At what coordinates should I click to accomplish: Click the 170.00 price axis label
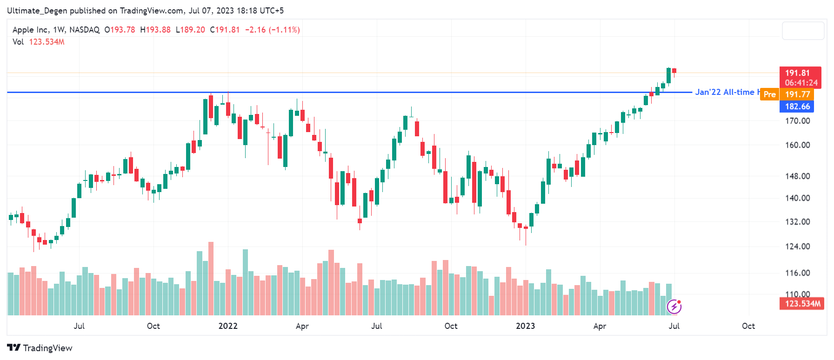[797, 121]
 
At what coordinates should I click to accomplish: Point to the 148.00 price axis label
[797, 176]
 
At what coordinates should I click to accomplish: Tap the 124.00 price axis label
[797, 247]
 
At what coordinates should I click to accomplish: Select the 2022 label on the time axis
[228, 326]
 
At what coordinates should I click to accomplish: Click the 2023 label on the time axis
[525, 326]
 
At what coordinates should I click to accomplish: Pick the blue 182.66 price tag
[797, 107]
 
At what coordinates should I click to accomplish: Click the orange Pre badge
[769, 94]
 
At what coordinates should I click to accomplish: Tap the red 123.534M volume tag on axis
[802, 304]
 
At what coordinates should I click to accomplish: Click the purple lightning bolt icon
[674, 307]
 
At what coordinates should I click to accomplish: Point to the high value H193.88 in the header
[155, 30]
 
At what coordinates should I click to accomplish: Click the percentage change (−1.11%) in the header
[284, 30]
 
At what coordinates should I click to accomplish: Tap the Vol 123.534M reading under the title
[39, 42]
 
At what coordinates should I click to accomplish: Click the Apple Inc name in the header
[30, 30]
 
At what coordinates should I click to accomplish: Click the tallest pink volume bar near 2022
[211, 278]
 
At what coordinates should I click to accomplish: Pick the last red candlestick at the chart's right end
[674, 71]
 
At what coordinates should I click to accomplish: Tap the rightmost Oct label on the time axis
[748, 326]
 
